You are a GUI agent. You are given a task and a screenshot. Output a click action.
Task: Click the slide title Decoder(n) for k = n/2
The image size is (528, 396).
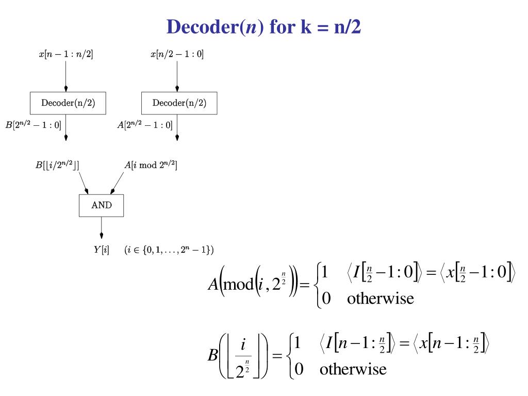263,27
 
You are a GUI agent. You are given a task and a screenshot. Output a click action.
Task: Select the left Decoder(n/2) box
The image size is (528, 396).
68,103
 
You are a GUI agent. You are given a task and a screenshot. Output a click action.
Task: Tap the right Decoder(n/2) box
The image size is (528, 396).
179,103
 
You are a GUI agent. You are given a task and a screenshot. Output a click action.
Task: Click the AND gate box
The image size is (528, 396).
101,205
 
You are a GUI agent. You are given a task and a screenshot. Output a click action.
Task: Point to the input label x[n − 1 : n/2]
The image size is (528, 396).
66,54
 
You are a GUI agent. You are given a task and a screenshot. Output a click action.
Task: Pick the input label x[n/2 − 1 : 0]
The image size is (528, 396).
177,54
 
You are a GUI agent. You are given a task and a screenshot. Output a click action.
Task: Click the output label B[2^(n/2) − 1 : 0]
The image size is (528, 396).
34,125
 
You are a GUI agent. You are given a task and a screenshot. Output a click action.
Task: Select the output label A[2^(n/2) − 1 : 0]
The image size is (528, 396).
145,125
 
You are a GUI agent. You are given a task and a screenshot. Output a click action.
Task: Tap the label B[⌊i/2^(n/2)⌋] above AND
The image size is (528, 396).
57,165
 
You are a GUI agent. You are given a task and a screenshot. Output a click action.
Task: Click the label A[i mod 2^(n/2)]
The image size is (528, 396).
151,165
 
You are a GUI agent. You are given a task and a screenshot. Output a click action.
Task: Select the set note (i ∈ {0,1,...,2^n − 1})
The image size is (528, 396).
169,251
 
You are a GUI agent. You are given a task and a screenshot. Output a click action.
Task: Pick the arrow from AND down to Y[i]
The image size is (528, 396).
101,230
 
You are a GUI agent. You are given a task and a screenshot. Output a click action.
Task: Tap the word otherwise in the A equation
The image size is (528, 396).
380,299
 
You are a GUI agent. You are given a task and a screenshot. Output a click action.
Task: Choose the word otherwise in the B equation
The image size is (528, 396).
353,369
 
